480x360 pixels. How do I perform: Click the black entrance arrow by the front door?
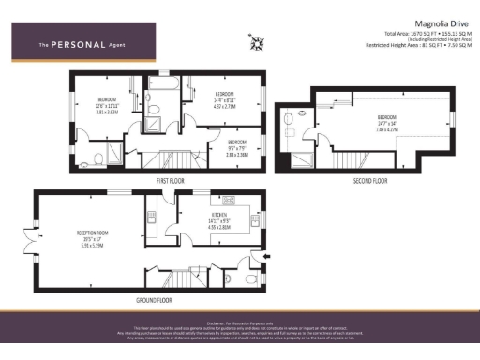click(x=270, y=254)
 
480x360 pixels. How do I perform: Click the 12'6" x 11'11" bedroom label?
click(x=107, y=105)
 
